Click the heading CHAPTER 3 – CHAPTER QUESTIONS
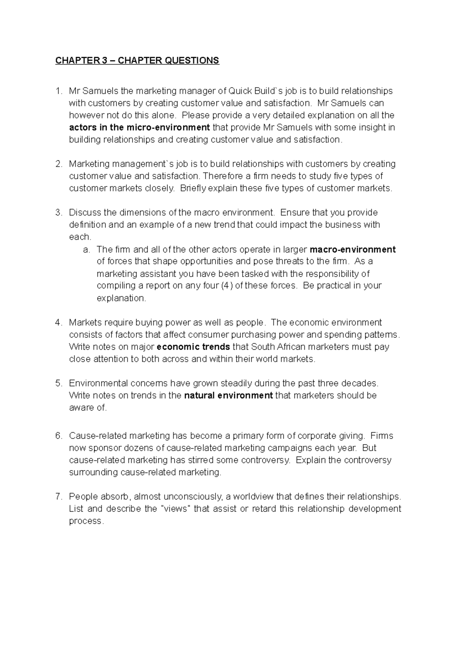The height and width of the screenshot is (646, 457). [x=137, y=60]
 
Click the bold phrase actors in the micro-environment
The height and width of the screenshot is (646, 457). [x=139, y=127]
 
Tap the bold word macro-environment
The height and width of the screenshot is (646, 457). [x=353, y=250]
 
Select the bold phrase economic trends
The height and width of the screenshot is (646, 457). [x=193, y=347]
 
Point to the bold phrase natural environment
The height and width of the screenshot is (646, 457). [x=228, y=396]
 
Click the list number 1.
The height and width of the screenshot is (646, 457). [x=58, y=91]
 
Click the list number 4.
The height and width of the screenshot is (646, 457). [x=58, y=323]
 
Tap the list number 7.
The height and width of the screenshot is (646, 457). [x=58, y=497]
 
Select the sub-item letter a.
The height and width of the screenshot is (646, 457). [x=86, y=250]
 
